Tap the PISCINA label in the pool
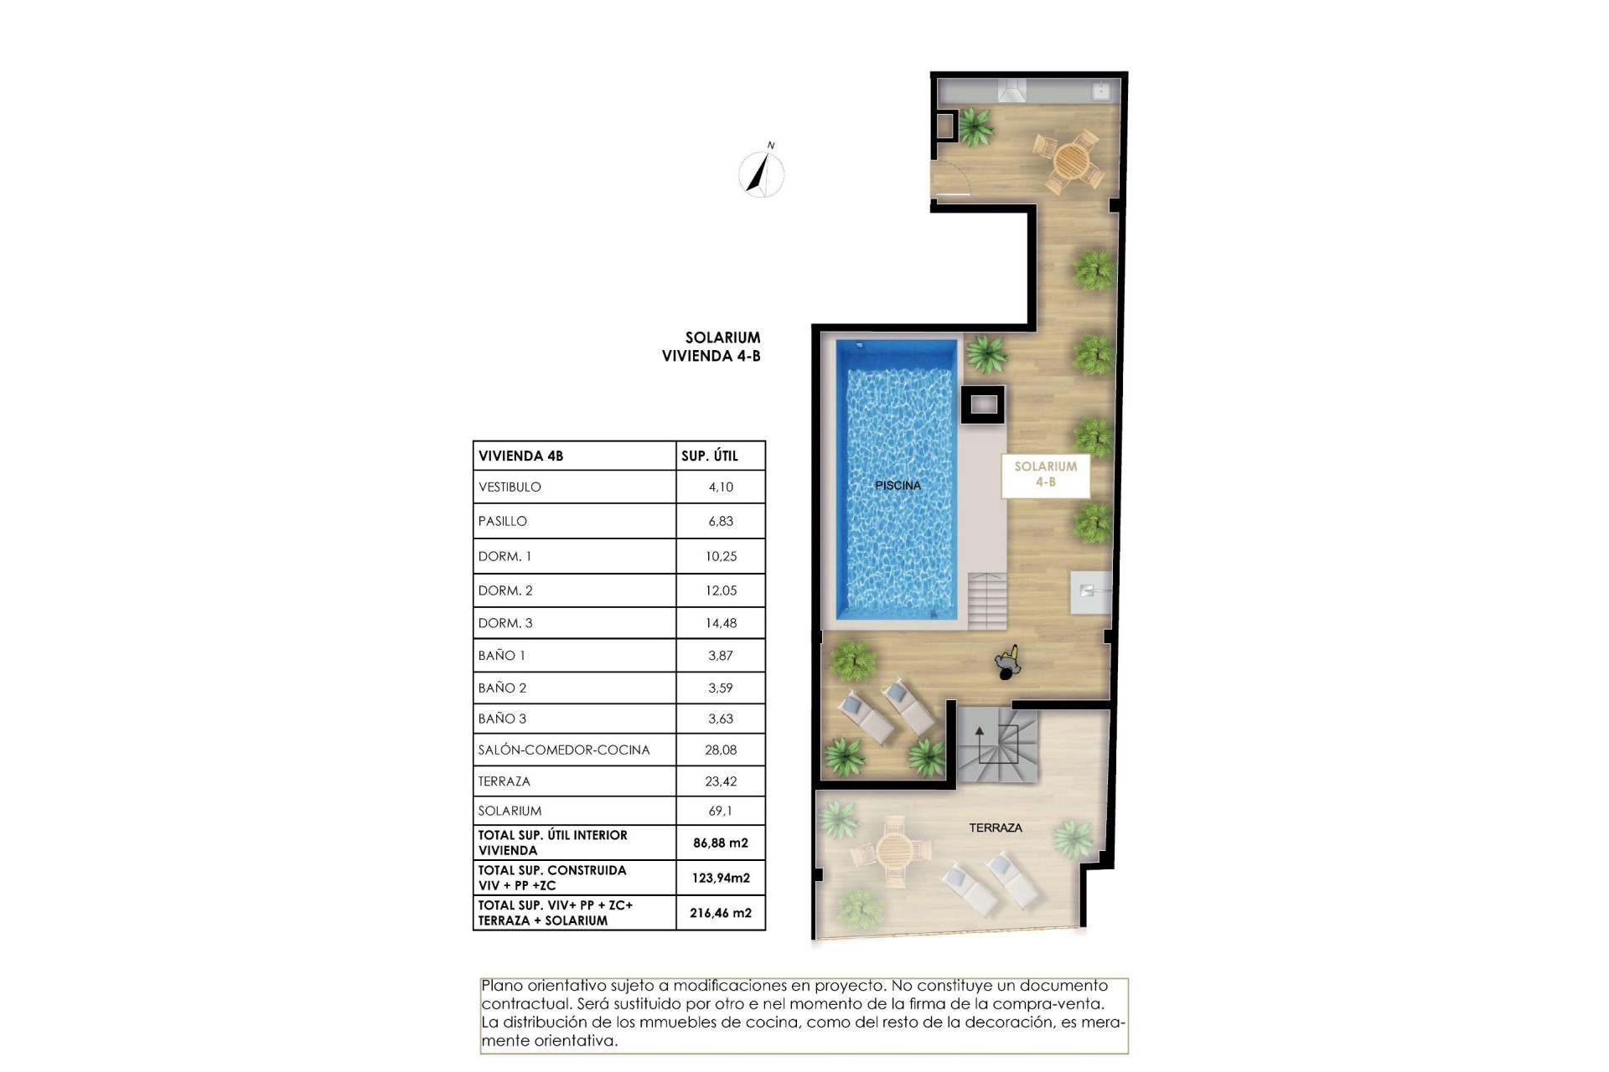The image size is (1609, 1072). pyautogui.click(x=898, y=485)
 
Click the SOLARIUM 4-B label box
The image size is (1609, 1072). pyautogui.click(x=1045, y=474)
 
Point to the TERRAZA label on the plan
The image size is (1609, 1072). pyautogui.click(x=995, y=827)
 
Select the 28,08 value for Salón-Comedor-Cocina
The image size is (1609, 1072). pyautogui.click(x=720, y=750)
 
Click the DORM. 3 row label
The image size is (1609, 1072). pyautogui.click(x=505, y=623)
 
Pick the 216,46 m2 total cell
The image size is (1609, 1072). pyautogui.click(x=720, y=913)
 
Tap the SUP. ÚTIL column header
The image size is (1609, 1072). pyautogui.click(x=709, y=456)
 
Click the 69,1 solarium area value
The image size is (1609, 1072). pyautogui.click(x=720, y=811)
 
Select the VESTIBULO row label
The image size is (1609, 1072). pyautogui.click(x=510, y=487)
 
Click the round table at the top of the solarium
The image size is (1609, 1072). pyautogui.click(x=1068, y=159)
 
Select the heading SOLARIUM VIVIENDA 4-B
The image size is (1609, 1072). pyautogui.click(x=711, y=347)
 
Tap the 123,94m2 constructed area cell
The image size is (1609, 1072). pyautogui.click(x=720, y=878)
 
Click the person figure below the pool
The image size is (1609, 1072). pyautogui.click(x=1008, y=663)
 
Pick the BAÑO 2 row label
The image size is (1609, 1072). pyautogui.click(x=502, y=688)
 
